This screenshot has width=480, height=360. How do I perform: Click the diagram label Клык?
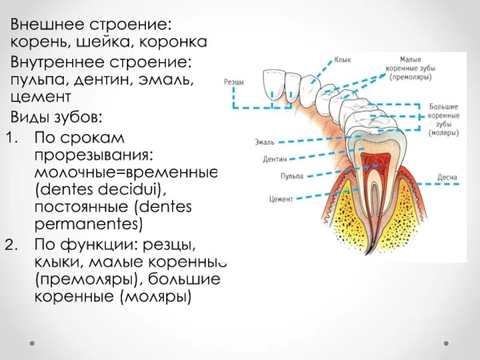(x=343, y=60)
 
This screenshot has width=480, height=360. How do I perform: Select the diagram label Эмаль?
(x=265, y=142)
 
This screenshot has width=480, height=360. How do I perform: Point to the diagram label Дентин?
(x=275, y=160)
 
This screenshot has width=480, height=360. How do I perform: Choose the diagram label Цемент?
(x=281, y=198)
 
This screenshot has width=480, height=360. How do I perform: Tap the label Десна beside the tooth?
(x=447, y=178)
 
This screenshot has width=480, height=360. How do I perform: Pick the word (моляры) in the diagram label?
(x=444, y=133)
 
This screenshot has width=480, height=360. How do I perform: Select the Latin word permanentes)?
(x=89, y=225)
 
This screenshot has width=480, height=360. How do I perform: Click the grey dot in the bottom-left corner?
(x=32, y=343)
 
